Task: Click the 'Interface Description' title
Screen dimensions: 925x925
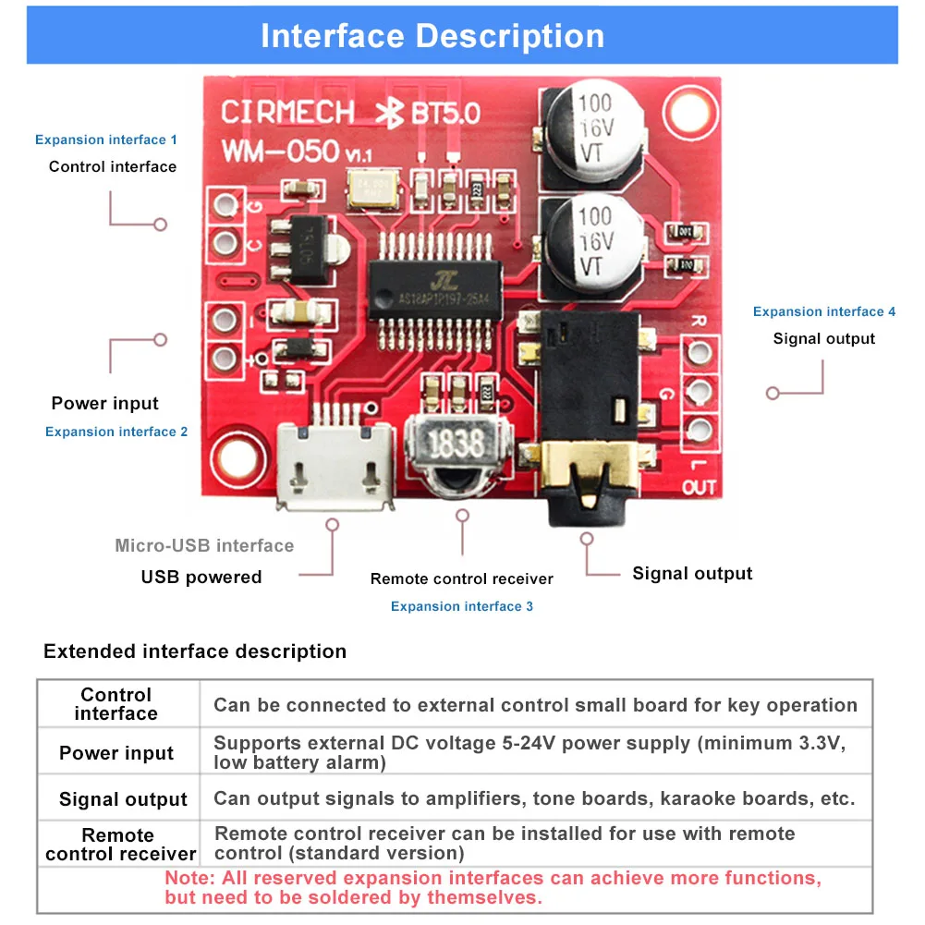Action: pos(432,36)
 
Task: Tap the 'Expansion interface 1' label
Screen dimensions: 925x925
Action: pos(106,140)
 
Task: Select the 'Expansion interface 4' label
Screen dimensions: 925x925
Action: pos(823,311)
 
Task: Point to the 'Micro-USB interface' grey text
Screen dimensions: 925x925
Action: pos(204,545)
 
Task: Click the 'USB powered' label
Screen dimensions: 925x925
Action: pos(201,578)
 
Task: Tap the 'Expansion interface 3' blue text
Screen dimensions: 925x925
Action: pos(461,606)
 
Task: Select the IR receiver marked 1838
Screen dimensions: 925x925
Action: pos(455,445)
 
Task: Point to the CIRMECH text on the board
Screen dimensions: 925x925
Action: pos(287,113)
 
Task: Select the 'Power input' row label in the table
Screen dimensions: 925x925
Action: pos(116,753)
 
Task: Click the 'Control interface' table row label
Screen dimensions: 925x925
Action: pos(116,704)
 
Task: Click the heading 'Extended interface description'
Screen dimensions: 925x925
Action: pos(195,651)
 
